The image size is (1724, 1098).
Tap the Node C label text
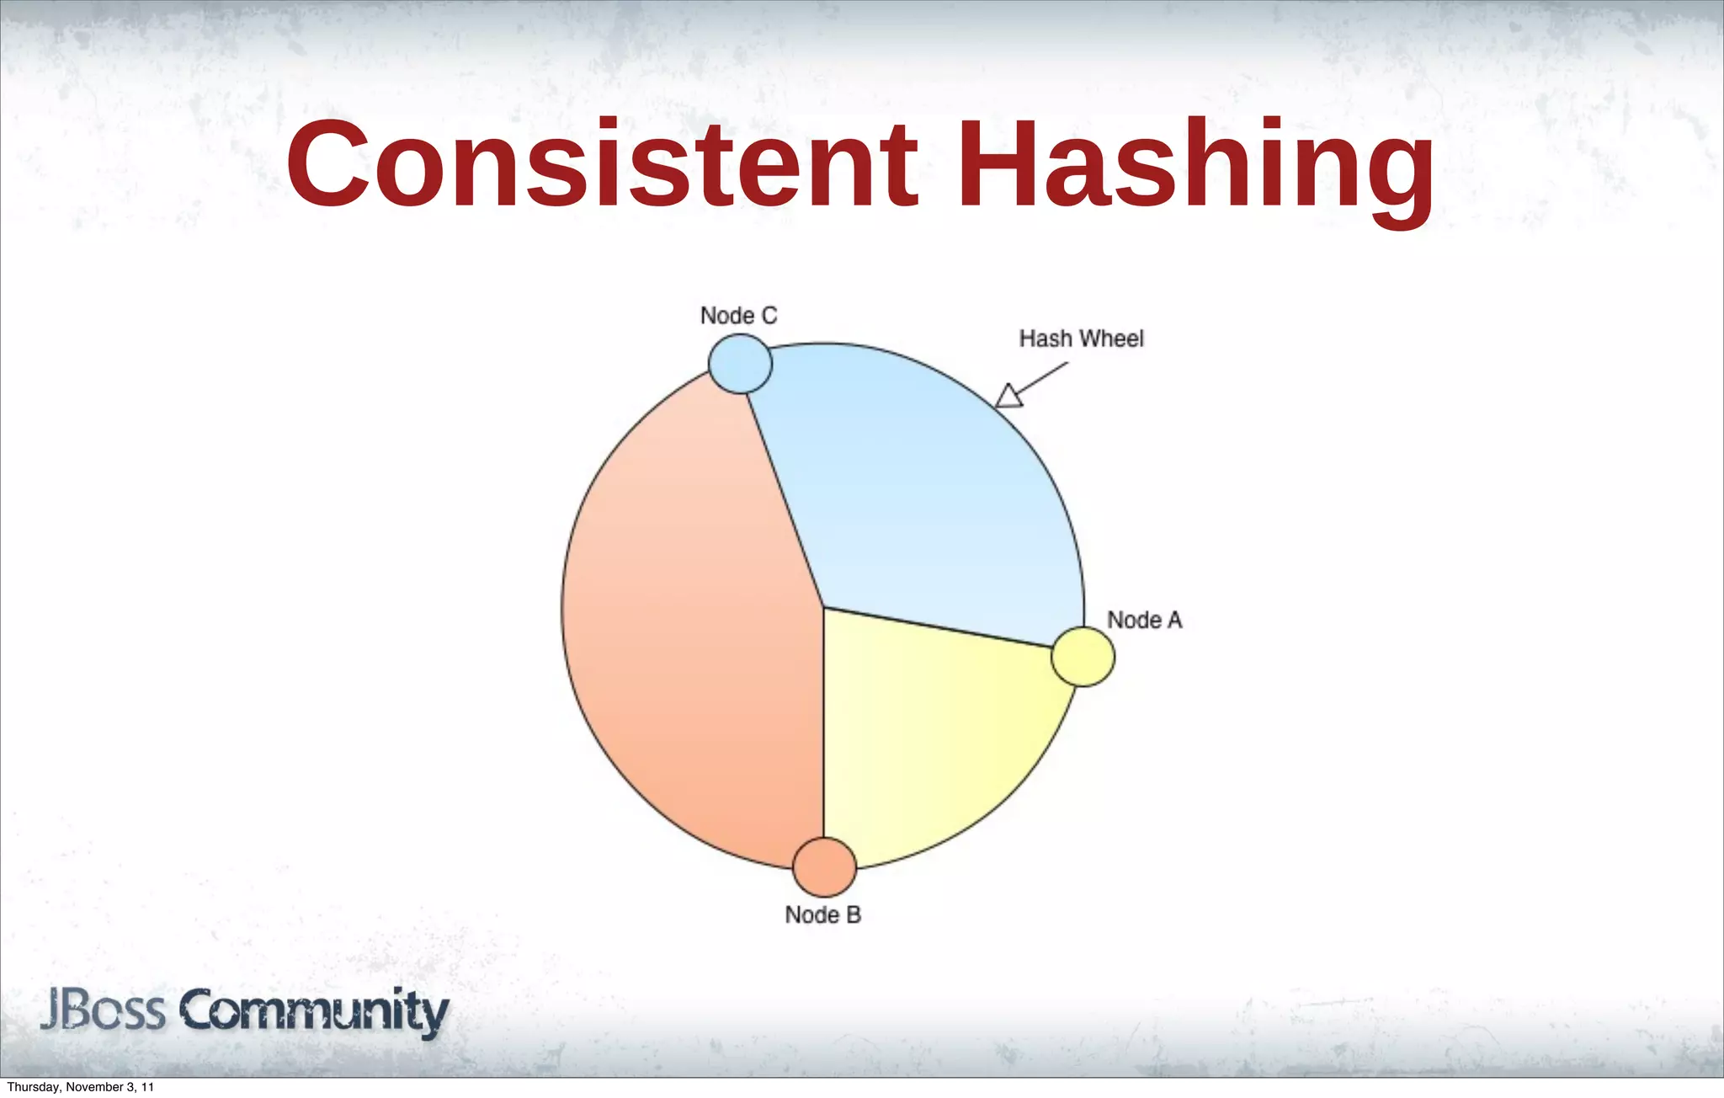coord(738,316)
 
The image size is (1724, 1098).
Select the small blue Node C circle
coord(740,364)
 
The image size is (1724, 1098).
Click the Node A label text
coord(1144,621)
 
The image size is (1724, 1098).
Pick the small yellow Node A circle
coord(1083,657)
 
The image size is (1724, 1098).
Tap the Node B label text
coord(822,915)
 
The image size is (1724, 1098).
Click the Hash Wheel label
coord(1081,338)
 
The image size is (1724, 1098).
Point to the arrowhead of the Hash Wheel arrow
coord(1008,397)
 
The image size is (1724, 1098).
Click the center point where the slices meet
coord(822,607)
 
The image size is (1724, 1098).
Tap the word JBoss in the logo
coord(103,1010)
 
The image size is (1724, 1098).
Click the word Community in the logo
coord(314,1012)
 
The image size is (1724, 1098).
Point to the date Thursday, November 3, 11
coord(80,1087)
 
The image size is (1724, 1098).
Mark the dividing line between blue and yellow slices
coord(939,627)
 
